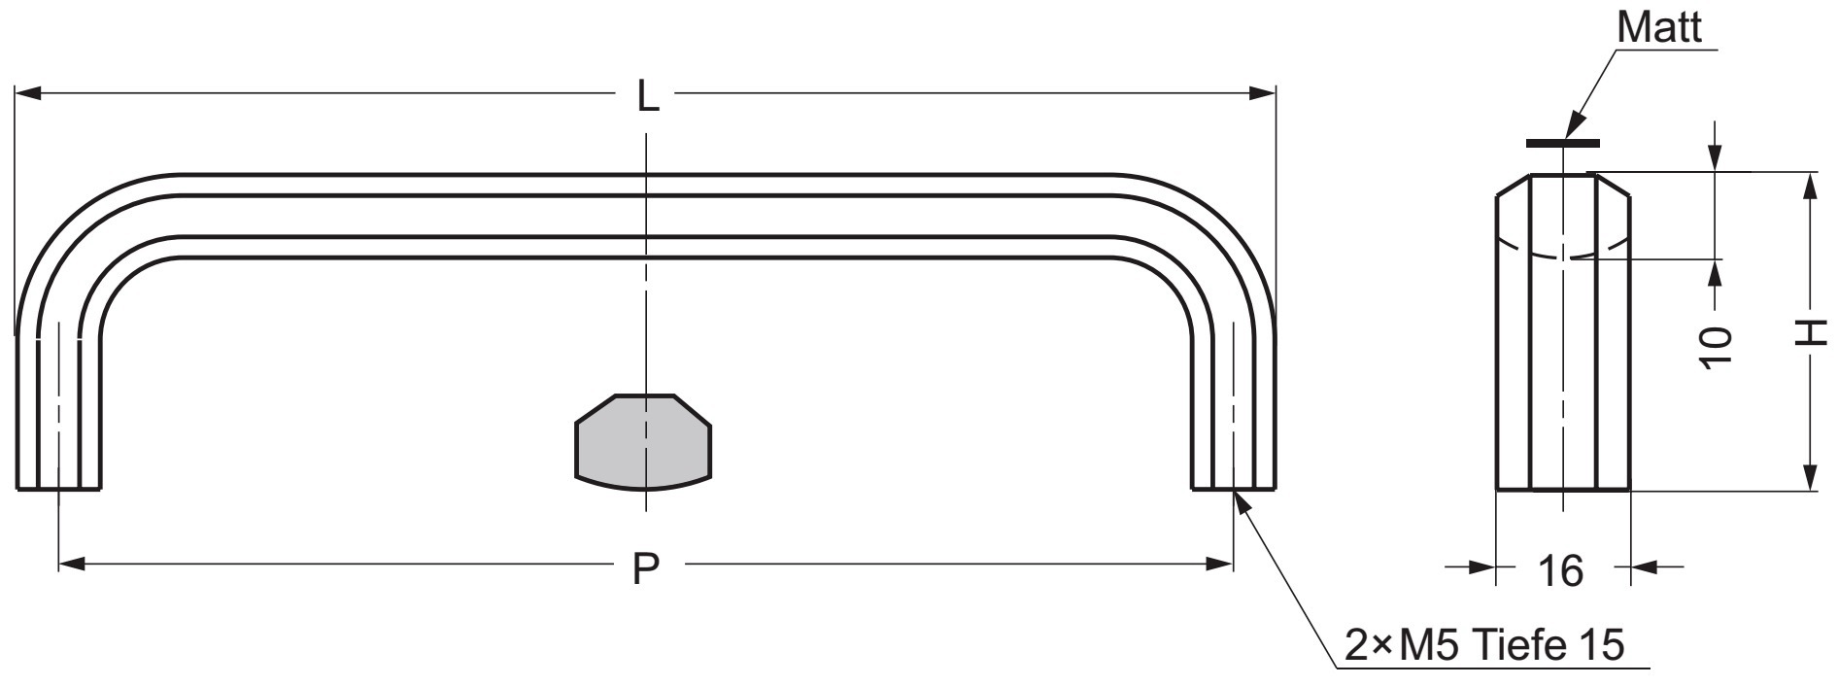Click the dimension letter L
point(647,95)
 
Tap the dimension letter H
point(1809,332)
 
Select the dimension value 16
point(1561,570)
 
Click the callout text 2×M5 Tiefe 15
point(1483,645)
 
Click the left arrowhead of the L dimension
point(27,94)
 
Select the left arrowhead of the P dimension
point(72,564)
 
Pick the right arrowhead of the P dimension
point(1220,564)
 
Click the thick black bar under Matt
point(1562,143)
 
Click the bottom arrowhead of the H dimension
point(1809,479)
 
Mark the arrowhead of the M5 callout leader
point(1240,500)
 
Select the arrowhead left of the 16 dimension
point(1482,567)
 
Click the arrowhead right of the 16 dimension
point(1643,567)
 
